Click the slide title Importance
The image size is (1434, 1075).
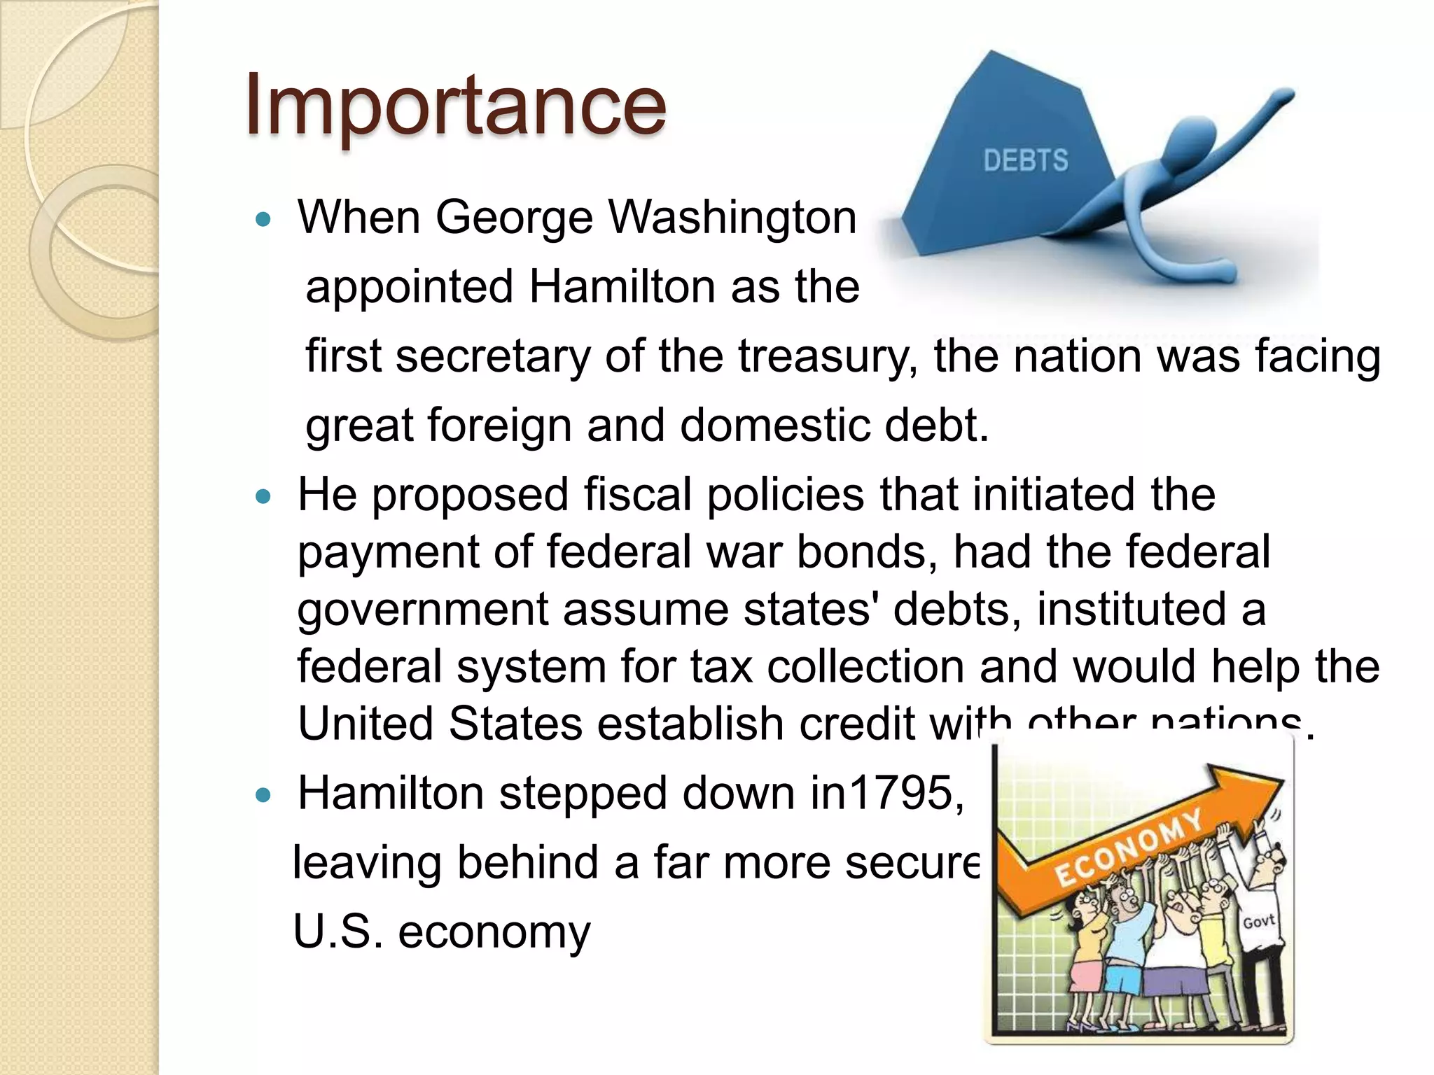455,105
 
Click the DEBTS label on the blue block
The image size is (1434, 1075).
1026,161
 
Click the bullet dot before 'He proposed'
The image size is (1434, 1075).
263,498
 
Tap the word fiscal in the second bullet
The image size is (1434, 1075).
637,495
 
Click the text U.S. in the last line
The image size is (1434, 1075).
337,932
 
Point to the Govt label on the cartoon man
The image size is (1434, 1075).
1258,922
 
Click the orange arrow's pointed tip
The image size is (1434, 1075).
1283,779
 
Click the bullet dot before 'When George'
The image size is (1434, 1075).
263,220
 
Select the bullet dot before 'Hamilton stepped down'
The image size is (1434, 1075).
263,796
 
